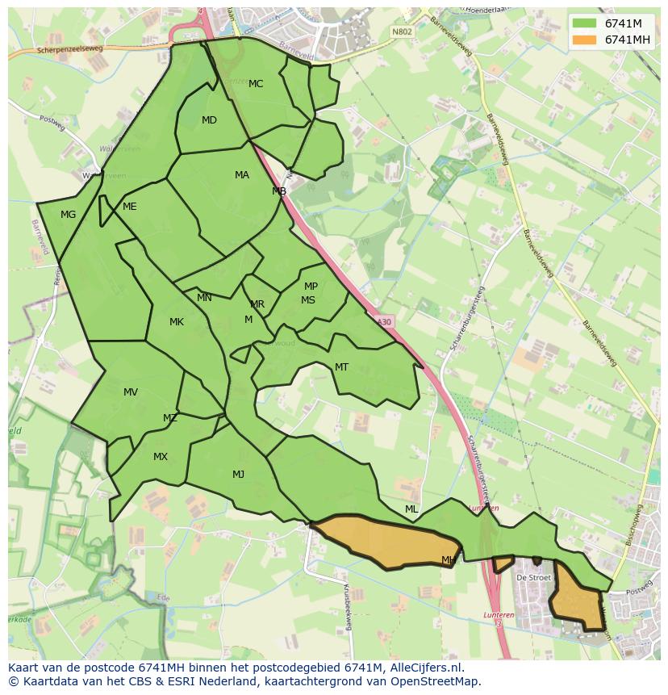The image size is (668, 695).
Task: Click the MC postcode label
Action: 256,84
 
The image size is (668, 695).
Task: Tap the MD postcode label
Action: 209,120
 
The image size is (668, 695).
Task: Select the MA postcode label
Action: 242,175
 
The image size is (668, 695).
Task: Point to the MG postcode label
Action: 68,215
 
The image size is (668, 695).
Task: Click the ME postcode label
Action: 129,207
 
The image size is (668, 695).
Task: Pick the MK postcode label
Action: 177,322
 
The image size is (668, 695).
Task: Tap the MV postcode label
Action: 131,392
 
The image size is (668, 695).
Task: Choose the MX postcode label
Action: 161,457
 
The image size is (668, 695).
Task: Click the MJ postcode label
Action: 238,475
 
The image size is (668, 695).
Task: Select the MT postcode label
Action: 341,367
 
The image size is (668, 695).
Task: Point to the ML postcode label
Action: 411,509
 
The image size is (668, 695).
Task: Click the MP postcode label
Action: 311,287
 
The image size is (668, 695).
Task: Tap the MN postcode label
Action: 204,298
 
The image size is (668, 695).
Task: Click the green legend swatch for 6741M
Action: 584,23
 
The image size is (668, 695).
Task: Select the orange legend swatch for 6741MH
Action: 584,40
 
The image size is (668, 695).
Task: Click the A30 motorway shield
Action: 384,321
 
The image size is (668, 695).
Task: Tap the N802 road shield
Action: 401,31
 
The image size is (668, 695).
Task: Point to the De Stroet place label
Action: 533,578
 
